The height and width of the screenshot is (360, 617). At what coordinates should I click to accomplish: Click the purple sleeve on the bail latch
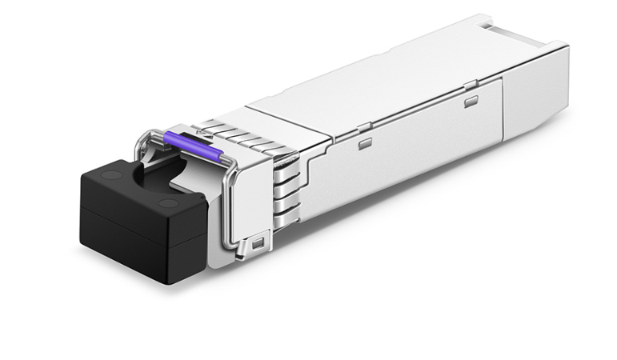pos(191,146)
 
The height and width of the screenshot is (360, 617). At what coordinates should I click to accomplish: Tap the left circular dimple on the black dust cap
pos(113,174)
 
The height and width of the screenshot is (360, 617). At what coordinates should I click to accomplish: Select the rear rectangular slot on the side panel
pos(471,101)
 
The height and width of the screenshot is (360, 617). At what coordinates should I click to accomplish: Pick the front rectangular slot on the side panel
pos(365,144)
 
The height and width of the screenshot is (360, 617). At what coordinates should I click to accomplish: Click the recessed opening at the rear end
pos(520,34)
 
